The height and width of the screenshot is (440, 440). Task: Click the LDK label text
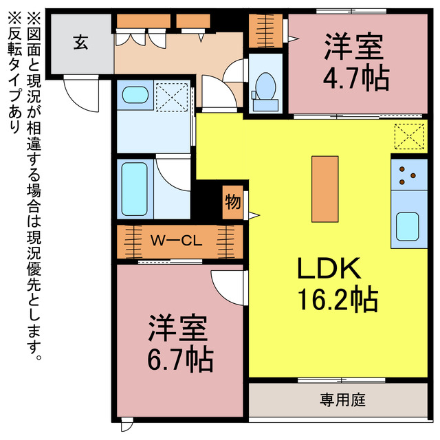(x=327, y=268)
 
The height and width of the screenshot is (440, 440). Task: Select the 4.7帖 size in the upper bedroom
(x=355, y=77)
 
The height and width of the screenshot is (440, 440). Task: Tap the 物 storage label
(x=232, y=203)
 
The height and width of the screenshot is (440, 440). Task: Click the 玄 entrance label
(x=80, y=43)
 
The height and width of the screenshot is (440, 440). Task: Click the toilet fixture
(x=264, y=87)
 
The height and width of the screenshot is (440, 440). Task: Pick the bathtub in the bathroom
(x=134, y=188)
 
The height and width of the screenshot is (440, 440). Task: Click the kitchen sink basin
(x=408, y=225)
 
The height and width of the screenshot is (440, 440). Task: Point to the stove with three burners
(x=408, y=175)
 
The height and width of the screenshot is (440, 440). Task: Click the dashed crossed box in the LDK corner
(x=410, y=135)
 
